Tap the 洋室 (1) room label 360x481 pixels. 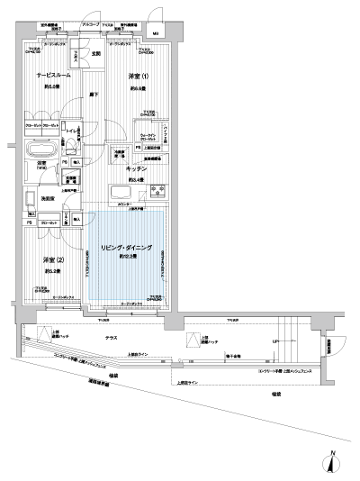[x=136, y=77]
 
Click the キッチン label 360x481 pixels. [x=137, y=168]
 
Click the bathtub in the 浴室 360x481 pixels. [x=40, y=150]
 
